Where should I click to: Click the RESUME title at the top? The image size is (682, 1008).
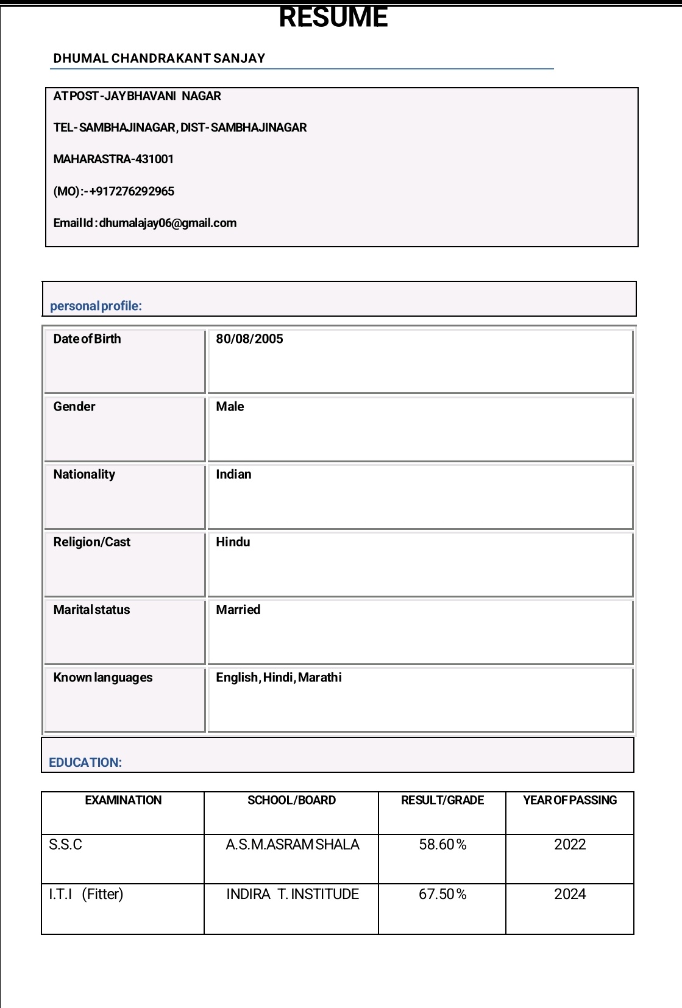coord(333,17)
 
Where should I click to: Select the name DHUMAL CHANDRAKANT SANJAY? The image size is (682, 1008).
coord(159,58)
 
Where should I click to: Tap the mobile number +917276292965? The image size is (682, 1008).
coord(132,191)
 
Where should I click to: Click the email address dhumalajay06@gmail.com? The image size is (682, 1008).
coord(168,223)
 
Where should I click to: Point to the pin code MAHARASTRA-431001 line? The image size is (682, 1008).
coord(113,159)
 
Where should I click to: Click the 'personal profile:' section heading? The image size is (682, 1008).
coord(96,306)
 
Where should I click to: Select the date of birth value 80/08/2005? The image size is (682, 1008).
coord(249,339)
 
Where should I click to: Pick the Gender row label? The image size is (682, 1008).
coord(74,406)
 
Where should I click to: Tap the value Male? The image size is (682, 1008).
coord(230,406)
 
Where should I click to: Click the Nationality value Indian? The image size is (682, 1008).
coord(233,474)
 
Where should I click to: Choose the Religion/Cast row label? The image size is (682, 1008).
coord(92,542)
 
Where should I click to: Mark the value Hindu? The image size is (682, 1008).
coord(233,542)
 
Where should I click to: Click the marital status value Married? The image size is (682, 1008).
coord(238,610)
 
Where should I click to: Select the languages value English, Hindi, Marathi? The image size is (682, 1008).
coord(279,677)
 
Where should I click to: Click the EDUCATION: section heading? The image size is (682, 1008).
coord(85,763)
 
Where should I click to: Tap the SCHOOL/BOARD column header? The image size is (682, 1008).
coord(291,800)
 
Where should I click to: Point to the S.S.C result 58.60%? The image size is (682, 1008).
coord(442,845)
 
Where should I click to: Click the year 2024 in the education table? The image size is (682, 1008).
coord(570,894)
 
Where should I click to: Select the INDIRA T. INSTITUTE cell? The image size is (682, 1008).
coord(293,894)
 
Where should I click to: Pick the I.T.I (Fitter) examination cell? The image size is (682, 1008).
coord(86,894)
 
